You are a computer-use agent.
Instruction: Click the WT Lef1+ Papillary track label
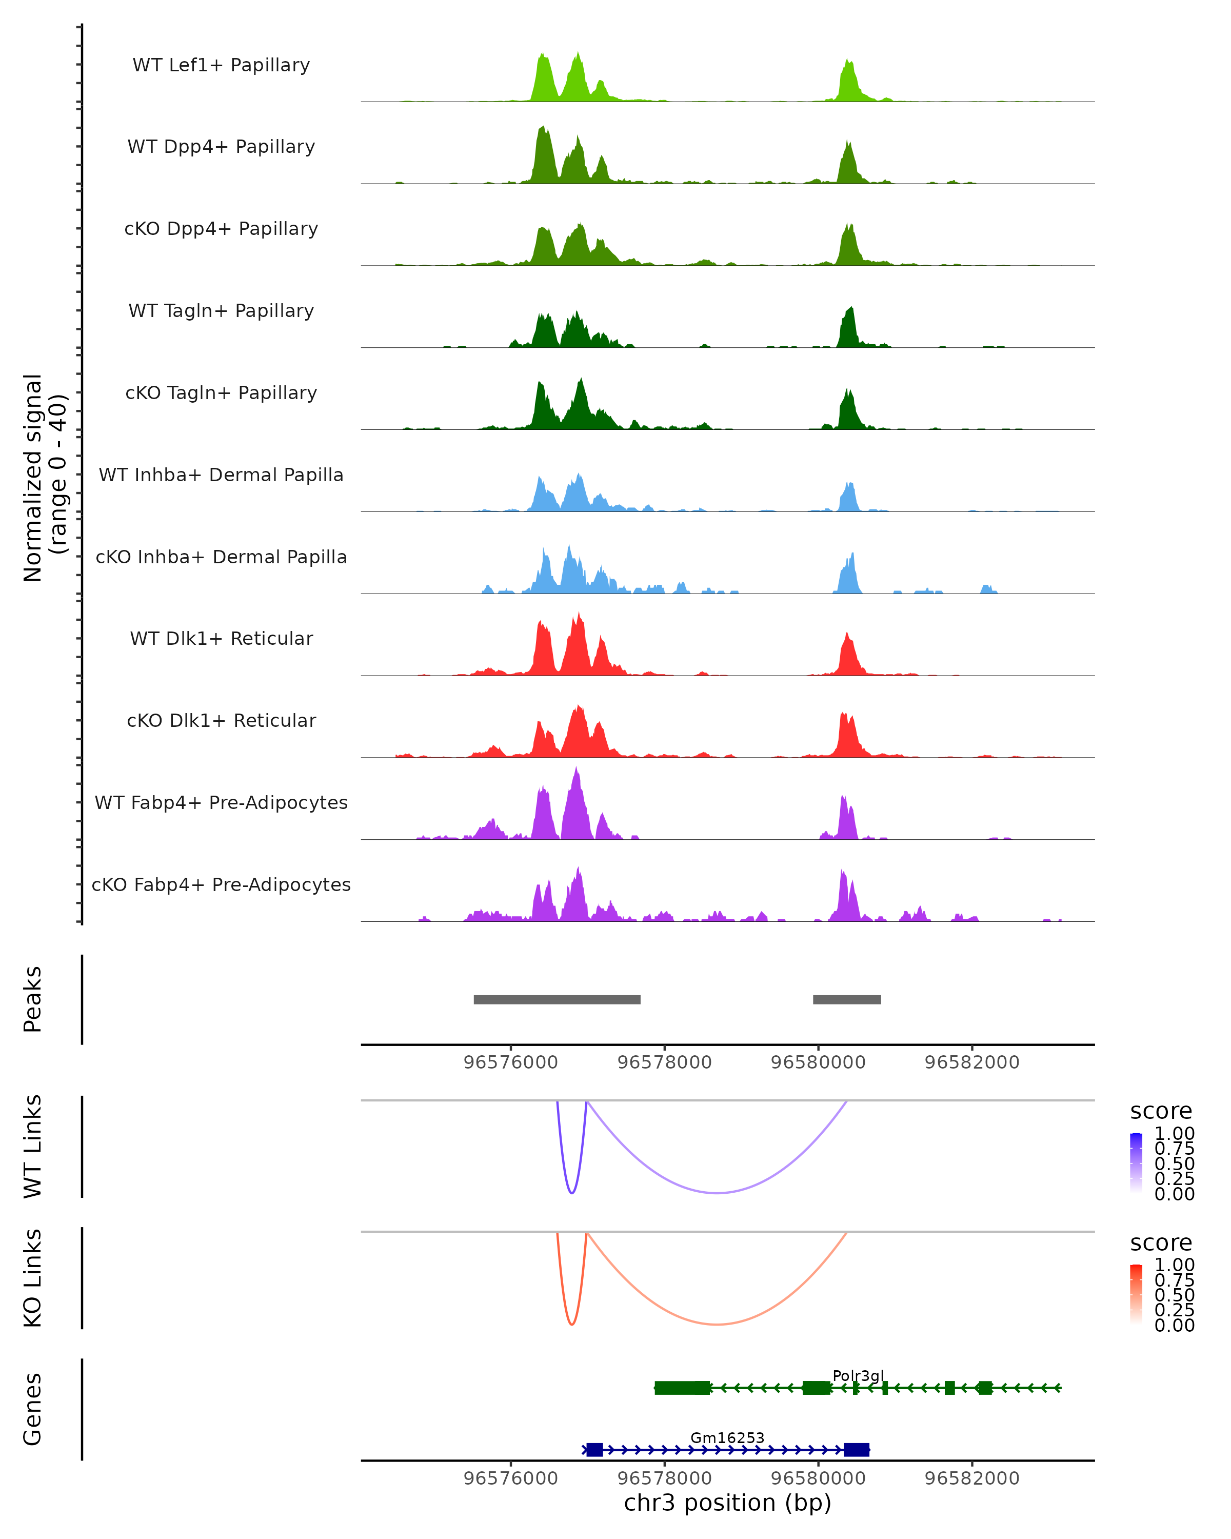pyautogui.click(x=221, y=65)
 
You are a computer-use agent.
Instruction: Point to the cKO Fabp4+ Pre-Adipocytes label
pyautogui.click(x=221, y=884)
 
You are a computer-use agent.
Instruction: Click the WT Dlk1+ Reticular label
pyautogui.click(x=221, y=638)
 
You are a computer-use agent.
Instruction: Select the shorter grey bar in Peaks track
pyautogui.click(x=846, y=999)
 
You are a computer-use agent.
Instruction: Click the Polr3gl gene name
pyautogui.click(x=858, y=1375)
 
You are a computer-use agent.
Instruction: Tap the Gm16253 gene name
pyautogui.click(x=727, y=1437)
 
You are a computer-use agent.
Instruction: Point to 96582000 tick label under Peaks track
pyautogui.click(x=972, y=1062)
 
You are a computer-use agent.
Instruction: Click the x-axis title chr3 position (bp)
pyautogui.click(x=727, y=1503)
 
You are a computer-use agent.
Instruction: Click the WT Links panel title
pyautogui.click(x=33, y=1147)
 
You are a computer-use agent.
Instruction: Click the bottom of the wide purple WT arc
pyautogui.click(x=717, y=1193)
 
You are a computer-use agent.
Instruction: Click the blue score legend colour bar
pyautogui.click(x=1136, y=1162)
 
